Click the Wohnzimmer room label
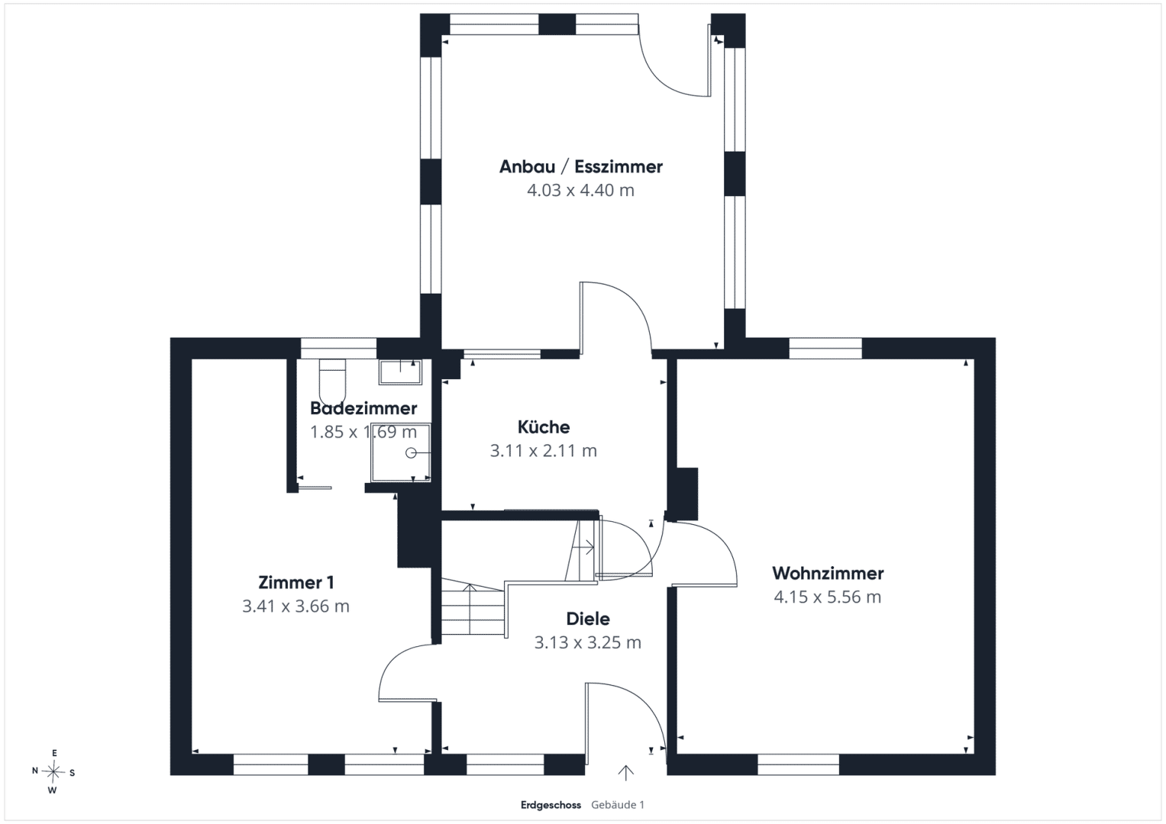click(x=828, y=573)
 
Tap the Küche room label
click(x=544, y=427)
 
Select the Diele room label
click(x=588, y=619)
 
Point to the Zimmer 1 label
click(x=296, y=583)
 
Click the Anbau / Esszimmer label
click(x=581, y=167)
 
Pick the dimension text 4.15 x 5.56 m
click(x=828, y=597)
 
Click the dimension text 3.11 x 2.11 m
click(x=544, y=450)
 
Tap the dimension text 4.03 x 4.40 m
click(x=581, y=191)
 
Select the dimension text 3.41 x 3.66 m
click(x=296, y=606)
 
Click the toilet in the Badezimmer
click(x=332, y=381)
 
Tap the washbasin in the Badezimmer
click(x=400, y=372)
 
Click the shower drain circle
click(x=411, y=453)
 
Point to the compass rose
click(x=53, y=772)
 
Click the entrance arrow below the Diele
click(x=625, y=773)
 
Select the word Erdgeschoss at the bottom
click(x=551, y=805)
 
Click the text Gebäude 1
click(x=617, y=805)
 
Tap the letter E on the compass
click(x=54, y=753)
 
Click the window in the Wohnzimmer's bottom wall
click(x=798, y=764)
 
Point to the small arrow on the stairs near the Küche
click(x=583, y=547)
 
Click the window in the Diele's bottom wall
click(x=505, y=764)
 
